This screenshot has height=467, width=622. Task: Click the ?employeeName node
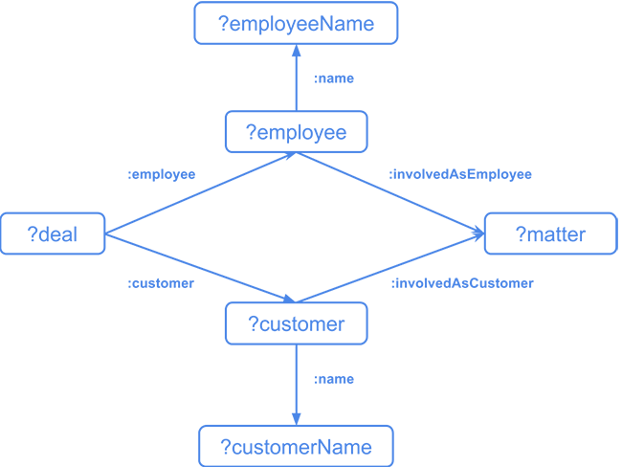tap(296, 24)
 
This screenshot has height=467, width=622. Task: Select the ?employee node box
tap(296, 132)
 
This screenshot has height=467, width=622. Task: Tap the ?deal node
tap(53, 234)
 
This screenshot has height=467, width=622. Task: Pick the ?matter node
tap(550, 234)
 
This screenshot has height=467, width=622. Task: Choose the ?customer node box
tap(296, 324)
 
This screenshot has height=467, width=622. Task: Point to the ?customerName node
tap(296, 447)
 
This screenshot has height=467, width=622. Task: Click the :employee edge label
tap(161, 175)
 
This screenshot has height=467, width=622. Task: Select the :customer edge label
tap(161, 283)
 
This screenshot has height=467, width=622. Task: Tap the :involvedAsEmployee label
tap(459, 175)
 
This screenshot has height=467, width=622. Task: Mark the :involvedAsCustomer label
tap(461, 283)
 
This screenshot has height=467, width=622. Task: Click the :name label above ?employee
tap(333, 78)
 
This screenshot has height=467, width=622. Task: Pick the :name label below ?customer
tap(333, 379)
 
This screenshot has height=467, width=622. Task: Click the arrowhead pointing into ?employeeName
tap(296, 51)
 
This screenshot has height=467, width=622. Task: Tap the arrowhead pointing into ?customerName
tap(296, 420)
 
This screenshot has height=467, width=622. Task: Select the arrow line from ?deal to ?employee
tap(201, 193)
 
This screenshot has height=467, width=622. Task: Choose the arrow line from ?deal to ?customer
tap(201, 269)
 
